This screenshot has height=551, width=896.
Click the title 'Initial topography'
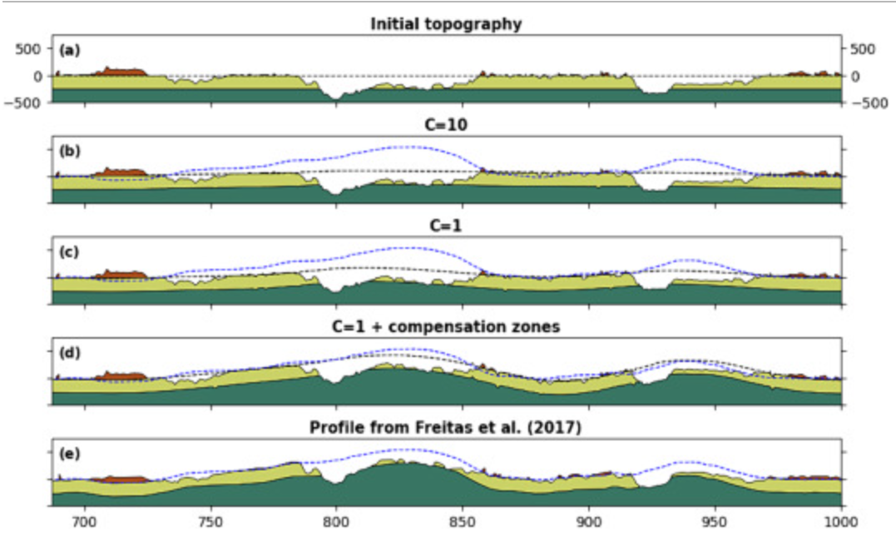[446, 24]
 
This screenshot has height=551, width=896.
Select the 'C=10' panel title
[446, 125]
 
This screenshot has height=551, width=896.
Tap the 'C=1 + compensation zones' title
[446, 327]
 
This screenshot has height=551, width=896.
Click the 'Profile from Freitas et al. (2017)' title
[446, 428]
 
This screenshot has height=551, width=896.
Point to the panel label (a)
[69, 50]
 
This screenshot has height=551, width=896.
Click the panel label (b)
[69, 151]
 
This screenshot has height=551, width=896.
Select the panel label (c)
[69, 252]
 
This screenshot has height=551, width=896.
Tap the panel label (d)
[69, 353]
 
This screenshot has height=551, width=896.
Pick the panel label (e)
[69, 454]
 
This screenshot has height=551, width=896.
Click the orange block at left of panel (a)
[121, 72]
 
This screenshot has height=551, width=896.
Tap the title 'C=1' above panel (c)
[446, 226]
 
